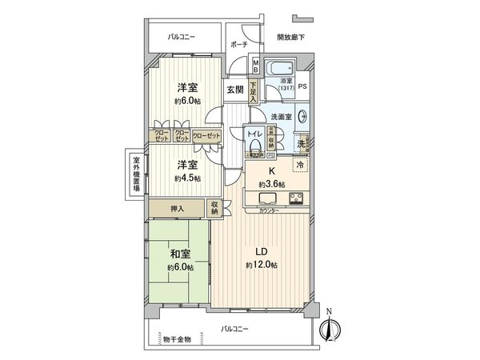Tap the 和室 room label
179,255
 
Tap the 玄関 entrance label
234,89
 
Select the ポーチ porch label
238,46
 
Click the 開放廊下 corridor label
290,38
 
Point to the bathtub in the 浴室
280,66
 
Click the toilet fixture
254,146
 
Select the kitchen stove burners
295,198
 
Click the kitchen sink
267,198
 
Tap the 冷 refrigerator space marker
301,165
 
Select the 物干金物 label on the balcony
177,339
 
